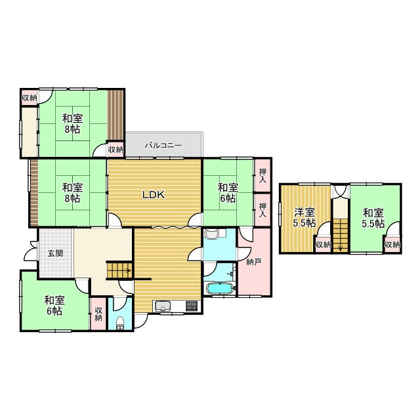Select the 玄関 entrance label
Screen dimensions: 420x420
pyautogui.click(x=55, y=253)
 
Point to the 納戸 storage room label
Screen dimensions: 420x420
pyautogui.click(x=253, y=261)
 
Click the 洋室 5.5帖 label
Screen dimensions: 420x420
pyautogui.click(x=304, y=217)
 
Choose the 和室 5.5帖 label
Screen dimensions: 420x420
pyautogui.click(x=373, y=217)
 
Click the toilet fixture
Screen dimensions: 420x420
pyautogui.click(x=119, y=323)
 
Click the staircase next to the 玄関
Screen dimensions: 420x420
pyautogui.click(x=119, y=269)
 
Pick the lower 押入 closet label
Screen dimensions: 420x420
pyautogui.click(x=262, y=209)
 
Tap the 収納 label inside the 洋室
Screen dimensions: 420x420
pyautogui.click(x=322, y=245)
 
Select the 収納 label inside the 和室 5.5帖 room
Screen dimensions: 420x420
pyautogui.click(x=392, y=245)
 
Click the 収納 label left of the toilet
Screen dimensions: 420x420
pyautogui.click(x=98, y=314)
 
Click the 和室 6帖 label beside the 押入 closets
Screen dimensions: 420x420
pyautogui.click(x=227, y=192)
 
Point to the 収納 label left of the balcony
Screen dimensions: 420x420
pyautogui.click(x=115, y=150)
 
